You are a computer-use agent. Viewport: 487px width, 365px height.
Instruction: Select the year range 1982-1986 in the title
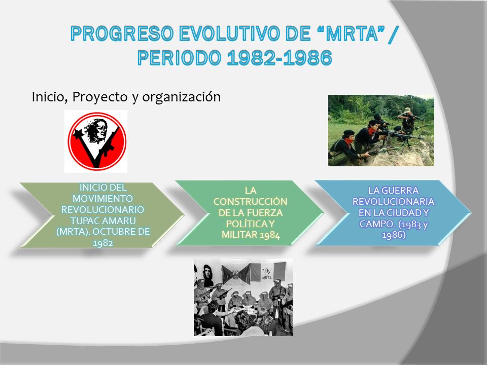280,58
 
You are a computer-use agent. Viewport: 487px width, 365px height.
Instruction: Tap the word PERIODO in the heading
179,58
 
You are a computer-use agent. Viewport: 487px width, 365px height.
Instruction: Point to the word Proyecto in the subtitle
100,97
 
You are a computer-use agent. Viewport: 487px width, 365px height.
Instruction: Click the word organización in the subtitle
182,97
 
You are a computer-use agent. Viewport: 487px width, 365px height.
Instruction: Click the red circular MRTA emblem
97,141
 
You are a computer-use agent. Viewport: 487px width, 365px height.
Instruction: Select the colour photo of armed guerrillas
381,130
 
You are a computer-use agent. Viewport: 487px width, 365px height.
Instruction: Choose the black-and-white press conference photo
243,298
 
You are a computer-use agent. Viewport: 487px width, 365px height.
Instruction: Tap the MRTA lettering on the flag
267,277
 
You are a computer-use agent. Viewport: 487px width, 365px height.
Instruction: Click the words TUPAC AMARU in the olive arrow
103,221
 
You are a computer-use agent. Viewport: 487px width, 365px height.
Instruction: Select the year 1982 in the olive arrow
103,243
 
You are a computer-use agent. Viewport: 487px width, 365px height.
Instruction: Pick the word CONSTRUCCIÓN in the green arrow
250,202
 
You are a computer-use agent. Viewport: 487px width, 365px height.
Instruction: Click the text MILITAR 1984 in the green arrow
251,235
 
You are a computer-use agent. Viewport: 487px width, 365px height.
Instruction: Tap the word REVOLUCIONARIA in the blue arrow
393,202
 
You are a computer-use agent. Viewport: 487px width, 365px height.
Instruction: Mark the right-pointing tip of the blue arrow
471,213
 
